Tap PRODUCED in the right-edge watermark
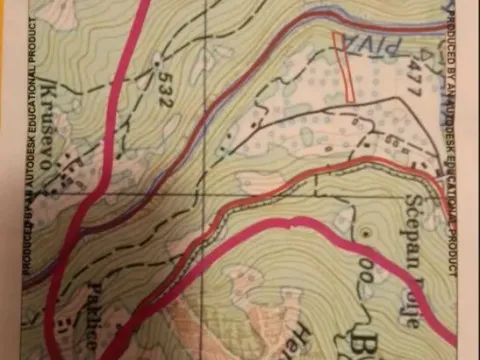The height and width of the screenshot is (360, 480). (454, 40)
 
